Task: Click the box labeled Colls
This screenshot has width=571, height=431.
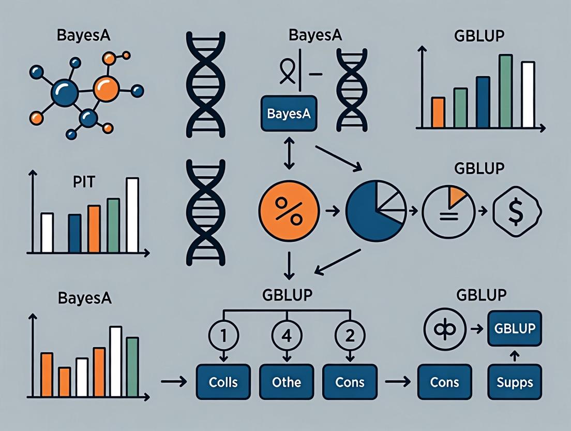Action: click(223, 383)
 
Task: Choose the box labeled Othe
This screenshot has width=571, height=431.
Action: click(287, 383)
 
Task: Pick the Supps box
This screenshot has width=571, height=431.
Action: click(515, 383)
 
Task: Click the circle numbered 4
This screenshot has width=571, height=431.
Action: click(285, 336)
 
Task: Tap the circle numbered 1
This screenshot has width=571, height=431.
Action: click(223, 336)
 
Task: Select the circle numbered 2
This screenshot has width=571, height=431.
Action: click(349, 336)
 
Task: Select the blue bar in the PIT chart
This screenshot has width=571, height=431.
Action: click(75, 233)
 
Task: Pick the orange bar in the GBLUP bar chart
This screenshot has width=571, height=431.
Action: click(438, 112)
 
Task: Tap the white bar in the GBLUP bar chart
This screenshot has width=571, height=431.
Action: click(528, 94)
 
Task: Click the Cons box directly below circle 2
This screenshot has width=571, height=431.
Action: click(350, 383)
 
